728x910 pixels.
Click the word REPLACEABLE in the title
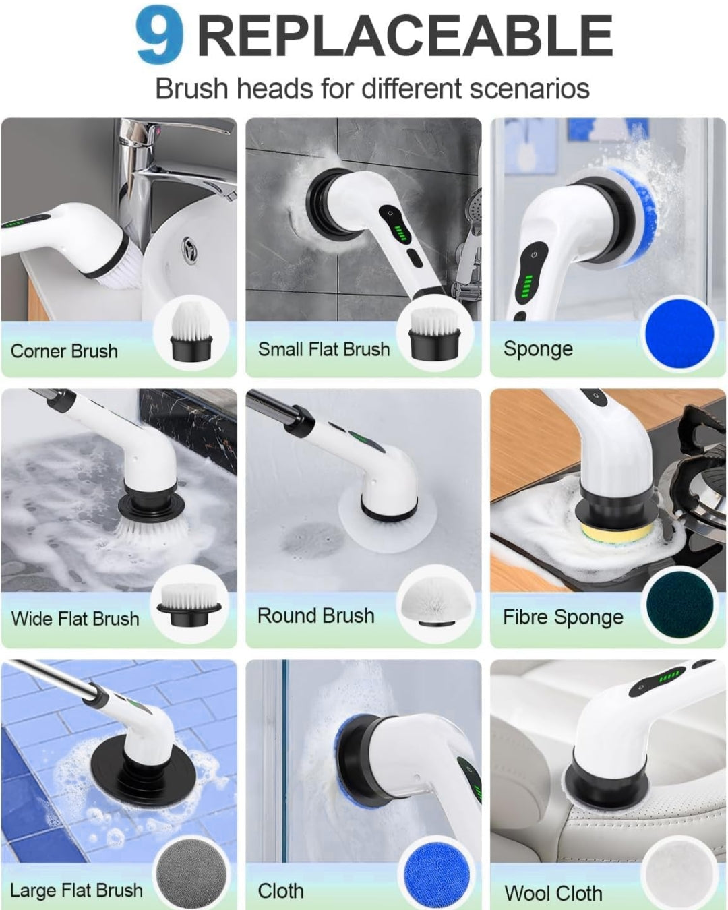404,36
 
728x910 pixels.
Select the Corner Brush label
64,351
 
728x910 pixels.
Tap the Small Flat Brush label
324,349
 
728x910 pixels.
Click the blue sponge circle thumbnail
679,333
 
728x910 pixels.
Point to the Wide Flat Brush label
75,619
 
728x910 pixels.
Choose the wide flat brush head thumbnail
189,603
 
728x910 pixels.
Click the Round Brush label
315,616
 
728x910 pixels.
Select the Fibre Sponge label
563,617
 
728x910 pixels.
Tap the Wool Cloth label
553,893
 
